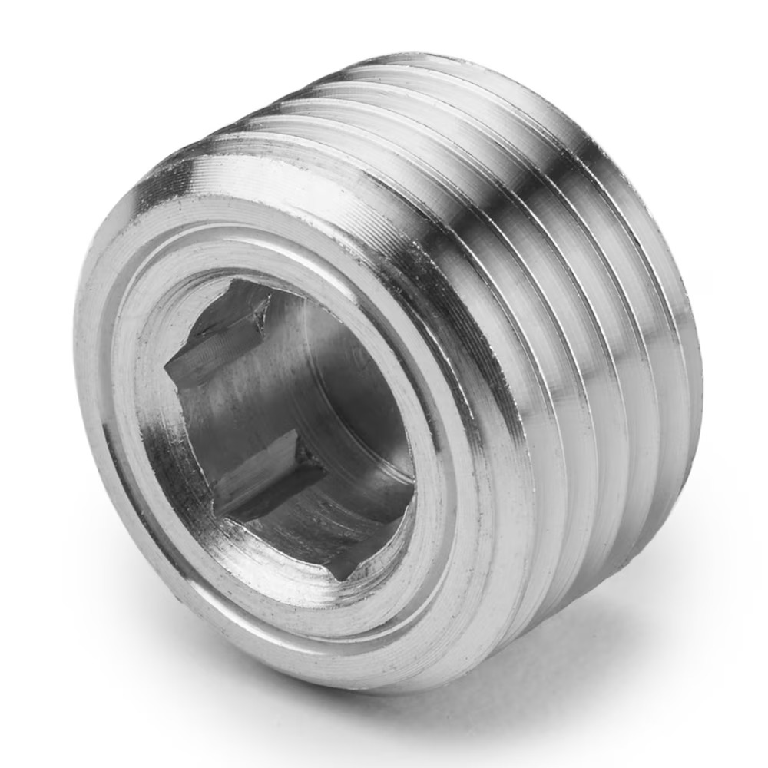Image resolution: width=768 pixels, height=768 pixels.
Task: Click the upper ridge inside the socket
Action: [219, 338]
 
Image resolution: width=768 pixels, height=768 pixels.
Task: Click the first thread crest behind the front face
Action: [492, 430]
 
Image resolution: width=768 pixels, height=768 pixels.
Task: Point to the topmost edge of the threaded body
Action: [430, 58]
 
